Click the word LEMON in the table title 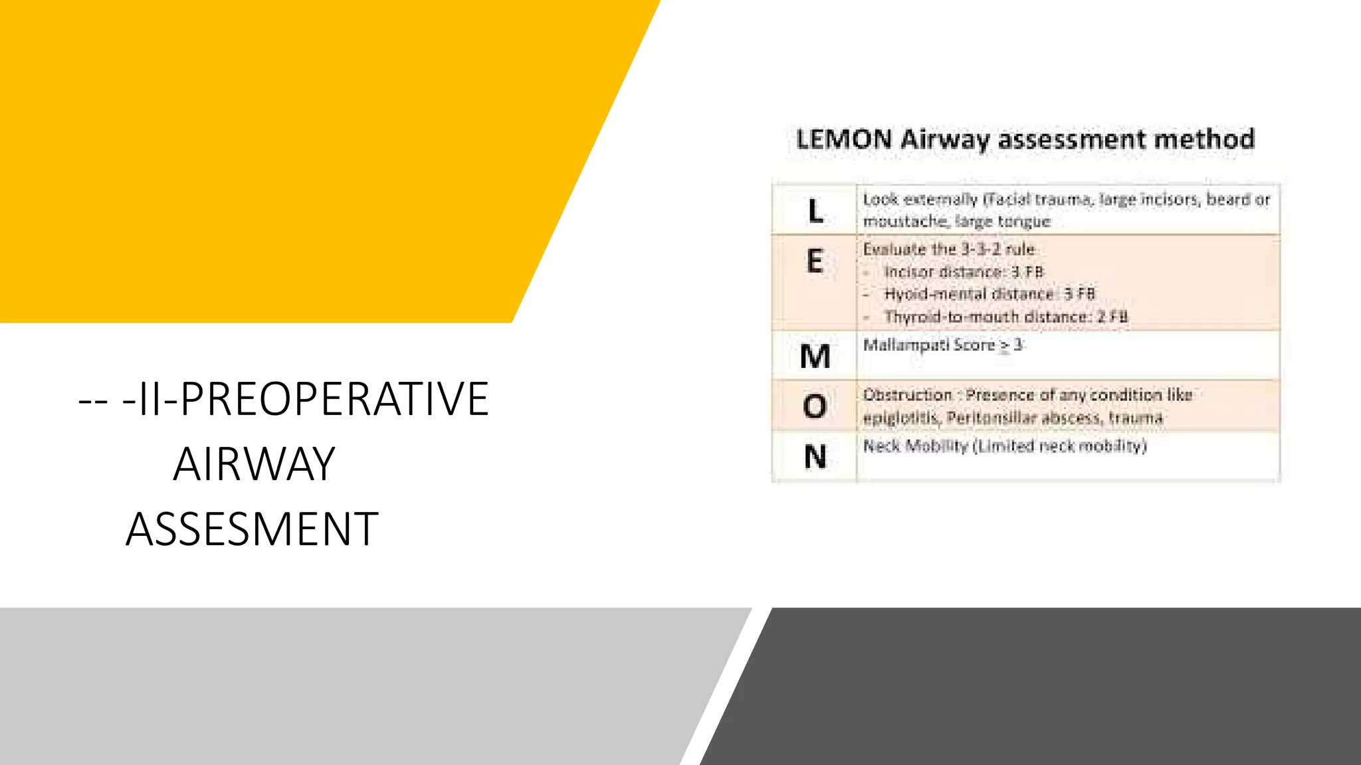coord(844,139)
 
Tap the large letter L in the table coord(815,211)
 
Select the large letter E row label coord(815,261)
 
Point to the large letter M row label coord(815,357)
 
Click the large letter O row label coord(815,406)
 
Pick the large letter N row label coord(815,457)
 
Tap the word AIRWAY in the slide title coord(254,464)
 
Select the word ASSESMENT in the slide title coord(252,529)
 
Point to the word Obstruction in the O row coord(908,395)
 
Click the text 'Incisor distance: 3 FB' coord(964,272)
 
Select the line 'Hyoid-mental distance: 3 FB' coord(989,294)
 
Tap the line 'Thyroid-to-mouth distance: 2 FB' coord(1005,317)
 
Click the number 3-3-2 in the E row coord(980,250)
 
